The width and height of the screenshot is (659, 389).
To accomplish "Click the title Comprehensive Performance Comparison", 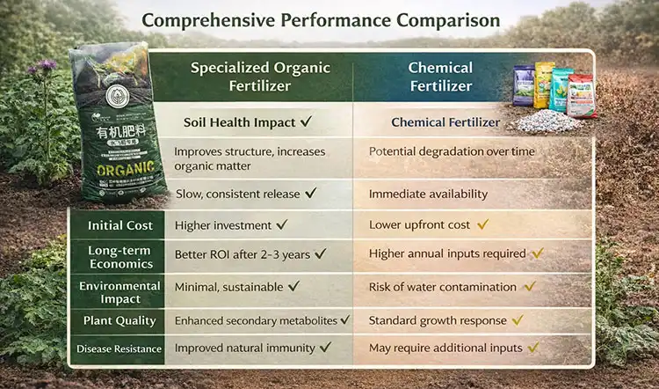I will pos(321,19).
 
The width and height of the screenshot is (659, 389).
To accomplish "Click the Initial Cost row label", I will pos(119,225).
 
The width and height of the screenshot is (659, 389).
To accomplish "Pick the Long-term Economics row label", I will pos(119,258).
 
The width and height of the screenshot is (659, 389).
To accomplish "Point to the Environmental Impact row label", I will pos(119,291).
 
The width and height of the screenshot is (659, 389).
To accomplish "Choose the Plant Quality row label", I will pos(119,320).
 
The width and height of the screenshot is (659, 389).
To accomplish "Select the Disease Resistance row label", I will pos(119,349).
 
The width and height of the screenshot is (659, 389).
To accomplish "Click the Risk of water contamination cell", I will pos(442,287).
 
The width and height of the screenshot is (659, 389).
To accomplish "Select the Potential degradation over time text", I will pos(451,151).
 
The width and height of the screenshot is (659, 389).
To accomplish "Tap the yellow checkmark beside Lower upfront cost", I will pos(482,224).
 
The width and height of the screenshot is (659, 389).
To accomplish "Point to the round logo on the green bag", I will pos(117,99).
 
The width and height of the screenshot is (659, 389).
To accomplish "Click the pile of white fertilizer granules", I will pos(547,121).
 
